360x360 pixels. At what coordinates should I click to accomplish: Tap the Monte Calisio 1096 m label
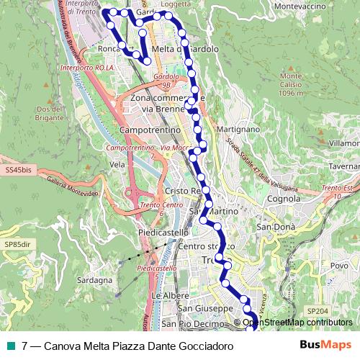(291, 84)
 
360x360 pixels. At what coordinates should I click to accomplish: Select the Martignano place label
(237, 129)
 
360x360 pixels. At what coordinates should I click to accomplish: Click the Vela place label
(117, 164)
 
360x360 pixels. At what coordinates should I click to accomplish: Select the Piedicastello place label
(163, 233)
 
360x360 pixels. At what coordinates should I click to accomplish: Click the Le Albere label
(170, 296)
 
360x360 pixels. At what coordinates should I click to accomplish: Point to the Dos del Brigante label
(49, 113)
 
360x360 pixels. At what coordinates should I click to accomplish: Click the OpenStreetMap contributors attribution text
(297, 323)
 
